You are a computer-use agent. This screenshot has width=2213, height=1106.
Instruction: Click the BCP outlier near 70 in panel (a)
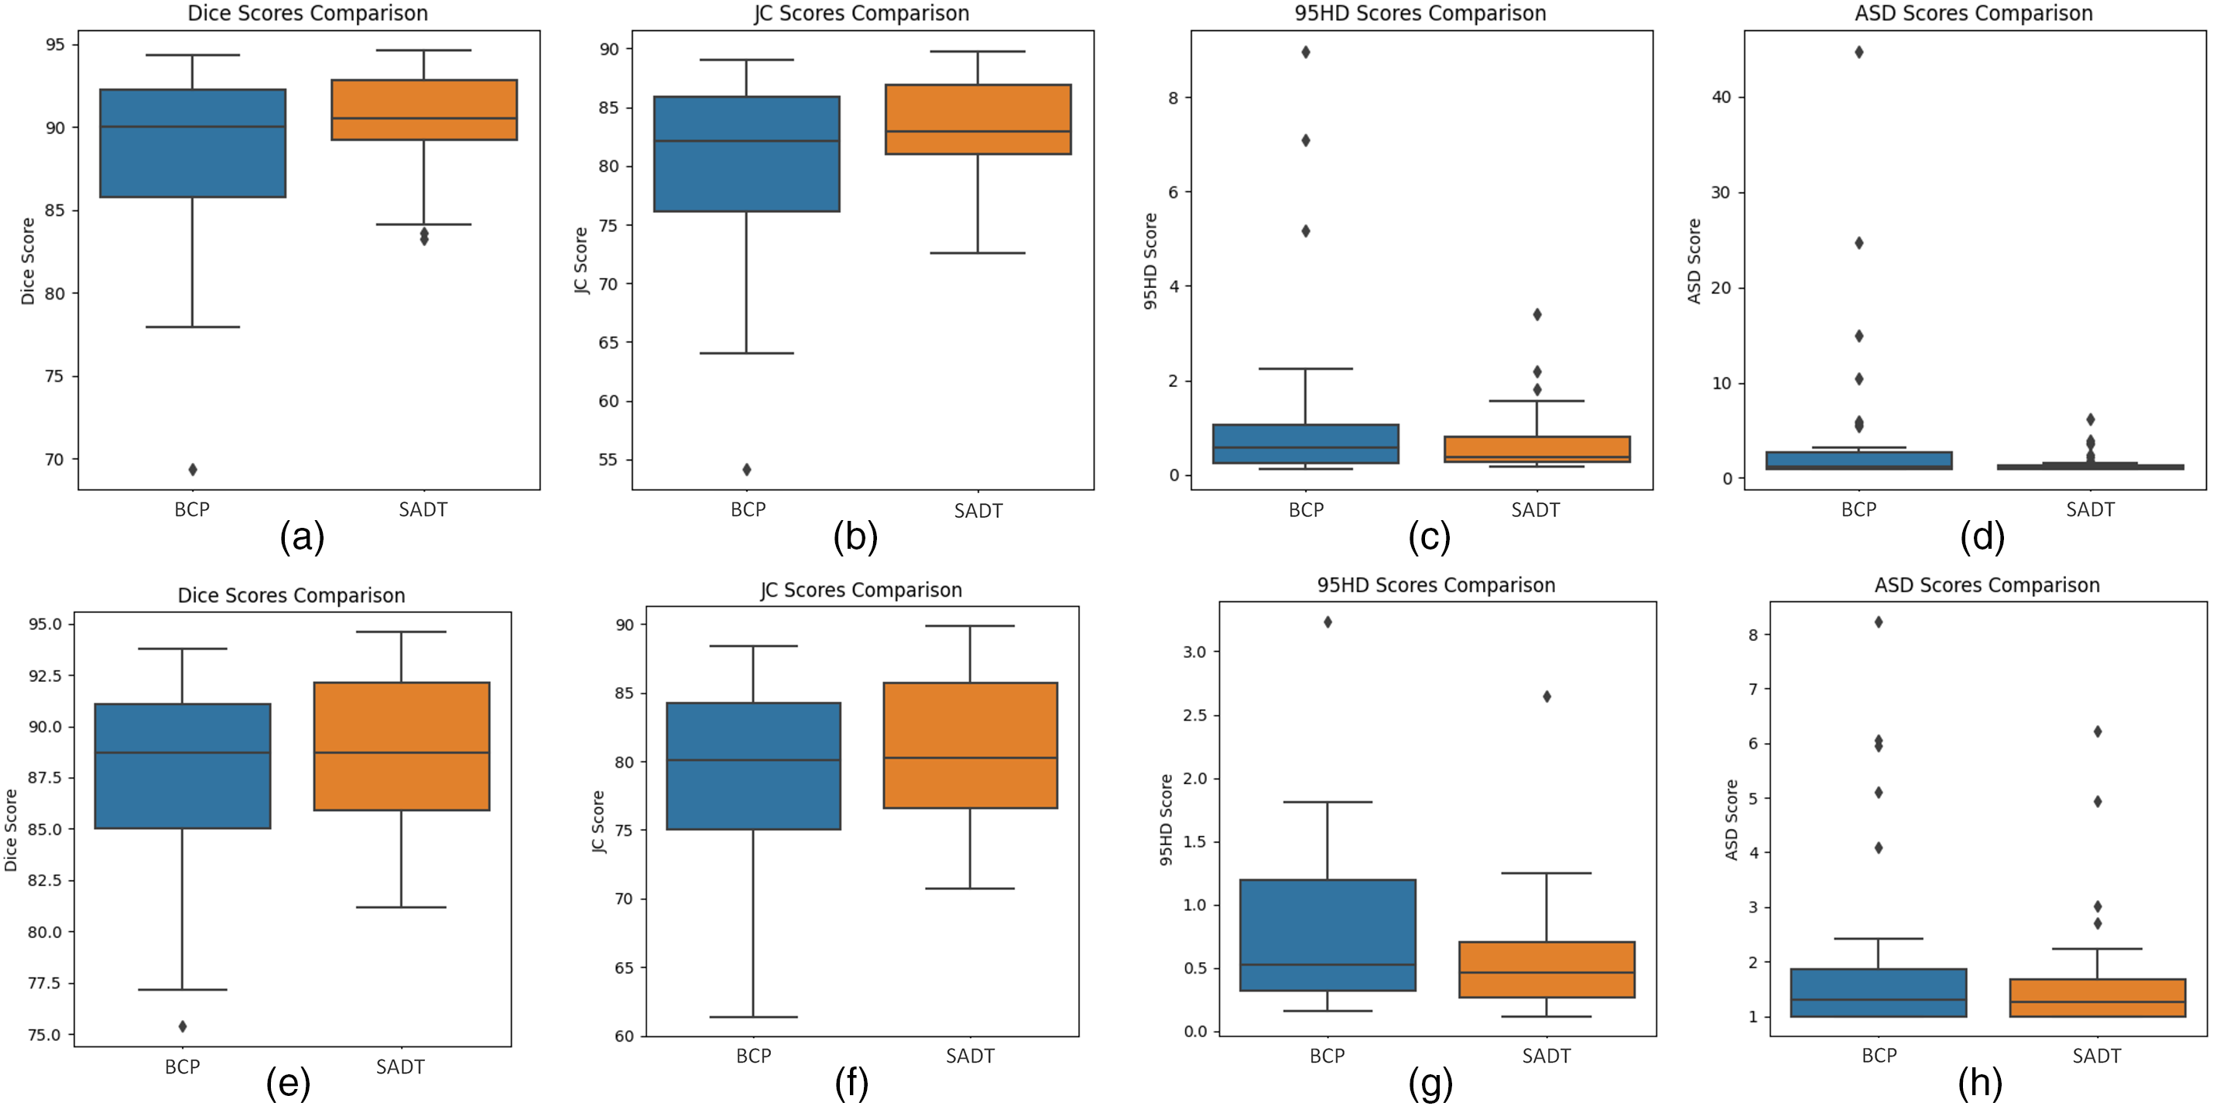click(193, 470)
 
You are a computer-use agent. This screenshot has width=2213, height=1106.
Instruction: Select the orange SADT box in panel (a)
click(423, 110)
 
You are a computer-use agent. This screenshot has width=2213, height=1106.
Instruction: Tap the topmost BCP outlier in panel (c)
click(1306, 53)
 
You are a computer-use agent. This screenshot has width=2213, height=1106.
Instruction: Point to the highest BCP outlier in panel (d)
click(1859, 53)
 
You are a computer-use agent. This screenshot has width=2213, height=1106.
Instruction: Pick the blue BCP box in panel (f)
click(753, 766)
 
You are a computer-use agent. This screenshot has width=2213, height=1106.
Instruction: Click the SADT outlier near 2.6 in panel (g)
click(1547, 697)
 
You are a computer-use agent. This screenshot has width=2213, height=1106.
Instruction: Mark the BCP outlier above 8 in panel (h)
click(1879, 621)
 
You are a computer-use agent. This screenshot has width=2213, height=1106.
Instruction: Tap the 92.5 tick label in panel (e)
click(45, 676)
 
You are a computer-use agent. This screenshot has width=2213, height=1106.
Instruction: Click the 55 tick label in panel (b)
click(608, 461)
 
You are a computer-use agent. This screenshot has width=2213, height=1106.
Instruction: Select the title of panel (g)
click(1436, 586)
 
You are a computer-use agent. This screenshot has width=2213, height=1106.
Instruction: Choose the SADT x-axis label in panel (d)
click(2089, 510)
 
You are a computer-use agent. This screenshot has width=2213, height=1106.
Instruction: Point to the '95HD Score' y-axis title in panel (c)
click(1150, 261)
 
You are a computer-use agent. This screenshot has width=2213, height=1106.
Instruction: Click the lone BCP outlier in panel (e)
click(182, 1026)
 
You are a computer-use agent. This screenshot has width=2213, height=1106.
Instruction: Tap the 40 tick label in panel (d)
click(1721, 97)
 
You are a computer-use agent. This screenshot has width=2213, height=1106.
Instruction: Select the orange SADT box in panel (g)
click(1547, 970)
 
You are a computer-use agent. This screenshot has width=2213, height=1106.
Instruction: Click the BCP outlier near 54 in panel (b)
click(746, 470)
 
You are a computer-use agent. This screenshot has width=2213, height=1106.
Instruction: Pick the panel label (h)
click(1979, 1084)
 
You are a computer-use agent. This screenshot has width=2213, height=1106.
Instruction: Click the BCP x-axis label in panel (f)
click(753, 1056)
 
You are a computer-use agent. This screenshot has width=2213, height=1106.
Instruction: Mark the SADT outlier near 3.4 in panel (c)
click(1537, 314)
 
